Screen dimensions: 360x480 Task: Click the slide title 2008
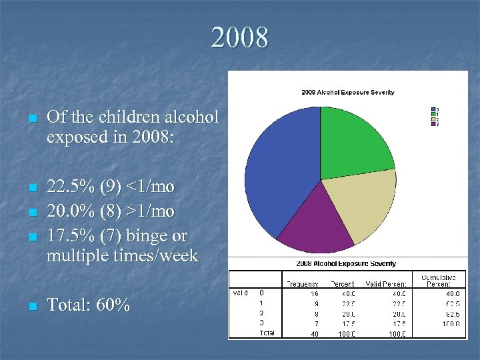tap(240, 37)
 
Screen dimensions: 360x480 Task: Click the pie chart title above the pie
tap(348, 93)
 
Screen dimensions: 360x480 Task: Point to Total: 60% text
tap(89, 305)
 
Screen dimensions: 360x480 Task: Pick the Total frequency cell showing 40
tap(314, 333)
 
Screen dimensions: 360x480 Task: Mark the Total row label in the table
tap(266, 333)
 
